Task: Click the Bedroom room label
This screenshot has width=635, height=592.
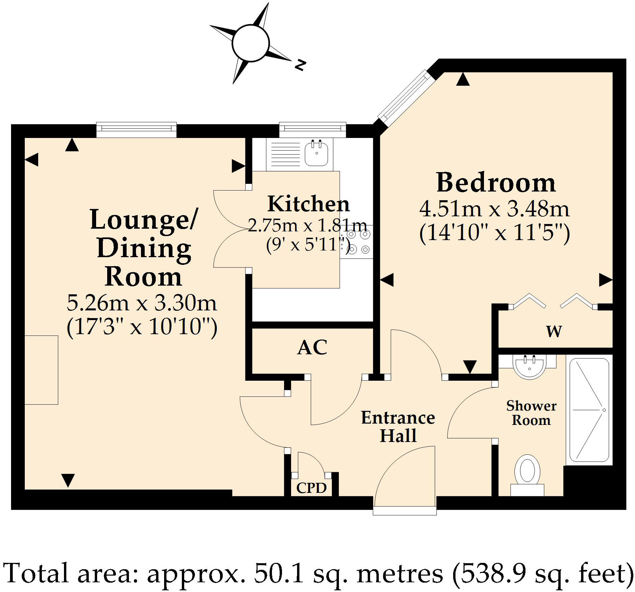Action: (496, 183)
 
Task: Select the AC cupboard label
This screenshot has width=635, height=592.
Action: (312, 347)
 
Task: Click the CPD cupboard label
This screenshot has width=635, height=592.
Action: (311, 488)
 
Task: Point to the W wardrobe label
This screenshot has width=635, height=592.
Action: (554, 331)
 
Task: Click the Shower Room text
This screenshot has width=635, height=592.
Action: (531, 413)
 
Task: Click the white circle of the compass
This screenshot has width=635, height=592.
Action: (251, 44)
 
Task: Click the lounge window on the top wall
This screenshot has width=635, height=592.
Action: (136, 130)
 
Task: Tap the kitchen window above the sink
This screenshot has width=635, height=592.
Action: (312, 130)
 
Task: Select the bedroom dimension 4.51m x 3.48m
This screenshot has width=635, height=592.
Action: (494, 209)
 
